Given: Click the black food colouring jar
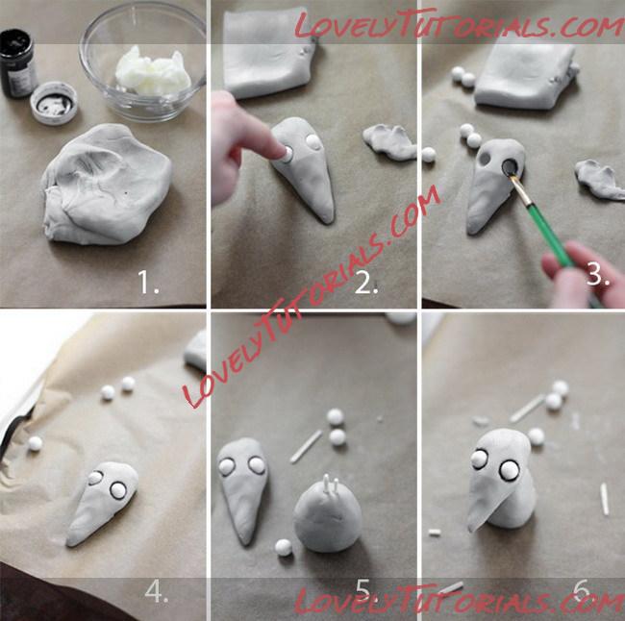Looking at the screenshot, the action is click(16, 63).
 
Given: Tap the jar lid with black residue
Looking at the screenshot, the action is click(54, 103).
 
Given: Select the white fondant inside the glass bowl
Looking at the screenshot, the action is click(153, 72).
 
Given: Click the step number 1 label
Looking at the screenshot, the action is click(148, 282).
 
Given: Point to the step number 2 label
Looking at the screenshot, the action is click(366, 284).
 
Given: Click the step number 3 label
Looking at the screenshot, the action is click(598, 274).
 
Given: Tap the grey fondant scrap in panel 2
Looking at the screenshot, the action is click(389, 141).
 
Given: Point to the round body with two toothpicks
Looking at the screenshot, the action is click(328, 518).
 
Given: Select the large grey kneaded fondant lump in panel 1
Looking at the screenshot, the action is click(107, 185).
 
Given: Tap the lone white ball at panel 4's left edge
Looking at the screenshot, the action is click(35, 443).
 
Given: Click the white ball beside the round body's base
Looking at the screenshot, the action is click(284, 547).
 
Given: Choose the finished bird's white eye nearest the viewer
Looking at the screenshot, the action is click(509, 471).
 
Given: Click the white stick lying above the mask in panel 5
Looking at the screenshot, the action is click(306, 446).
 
